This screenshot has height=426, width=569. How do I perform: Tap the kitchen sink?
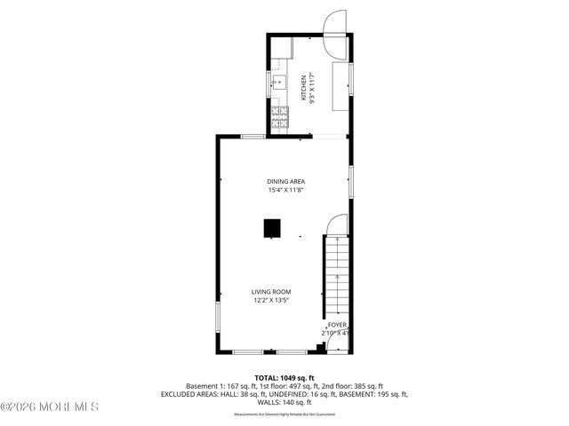(x=277, y=84)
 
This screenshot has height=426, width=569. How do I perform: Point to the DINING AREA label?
(x=285, y=181)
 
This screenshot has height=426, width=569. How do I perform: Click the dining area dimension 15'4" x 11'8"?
(x=285, y=190)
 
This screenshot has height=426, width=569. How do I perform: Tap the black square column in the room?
(x=271, y=229)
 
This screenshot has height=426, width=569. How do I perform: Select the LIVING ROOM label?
(x=271, y=292)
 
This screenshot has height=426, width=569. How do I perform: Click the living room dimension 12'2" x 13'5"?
(x=271, y=301)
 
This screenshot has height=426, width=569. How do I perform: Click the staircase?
(x=337, y=275)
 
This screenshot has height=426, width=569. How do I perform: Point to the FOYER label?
(x=337, y=326)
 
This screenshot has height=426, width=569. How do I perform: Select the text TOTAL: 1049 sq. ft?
(x=284, y=377)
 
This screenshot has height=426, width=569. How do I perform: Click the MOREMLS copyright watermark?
(x=50, y=407)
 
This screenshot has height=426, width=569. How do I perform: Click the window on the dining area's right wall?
(x=351, y=181)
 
